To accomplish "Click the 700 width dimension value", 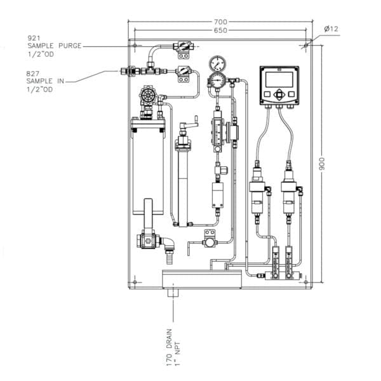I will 220,22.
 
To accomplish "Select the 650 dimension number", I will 220,30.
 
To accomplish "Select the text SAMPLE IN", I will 46,81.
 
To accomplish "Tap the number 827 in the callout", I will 33,73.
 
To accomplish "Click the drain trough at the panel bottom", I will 202,278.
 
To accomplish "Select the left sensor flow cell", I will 257,190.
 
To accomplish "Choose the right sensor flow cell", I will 290,190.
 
